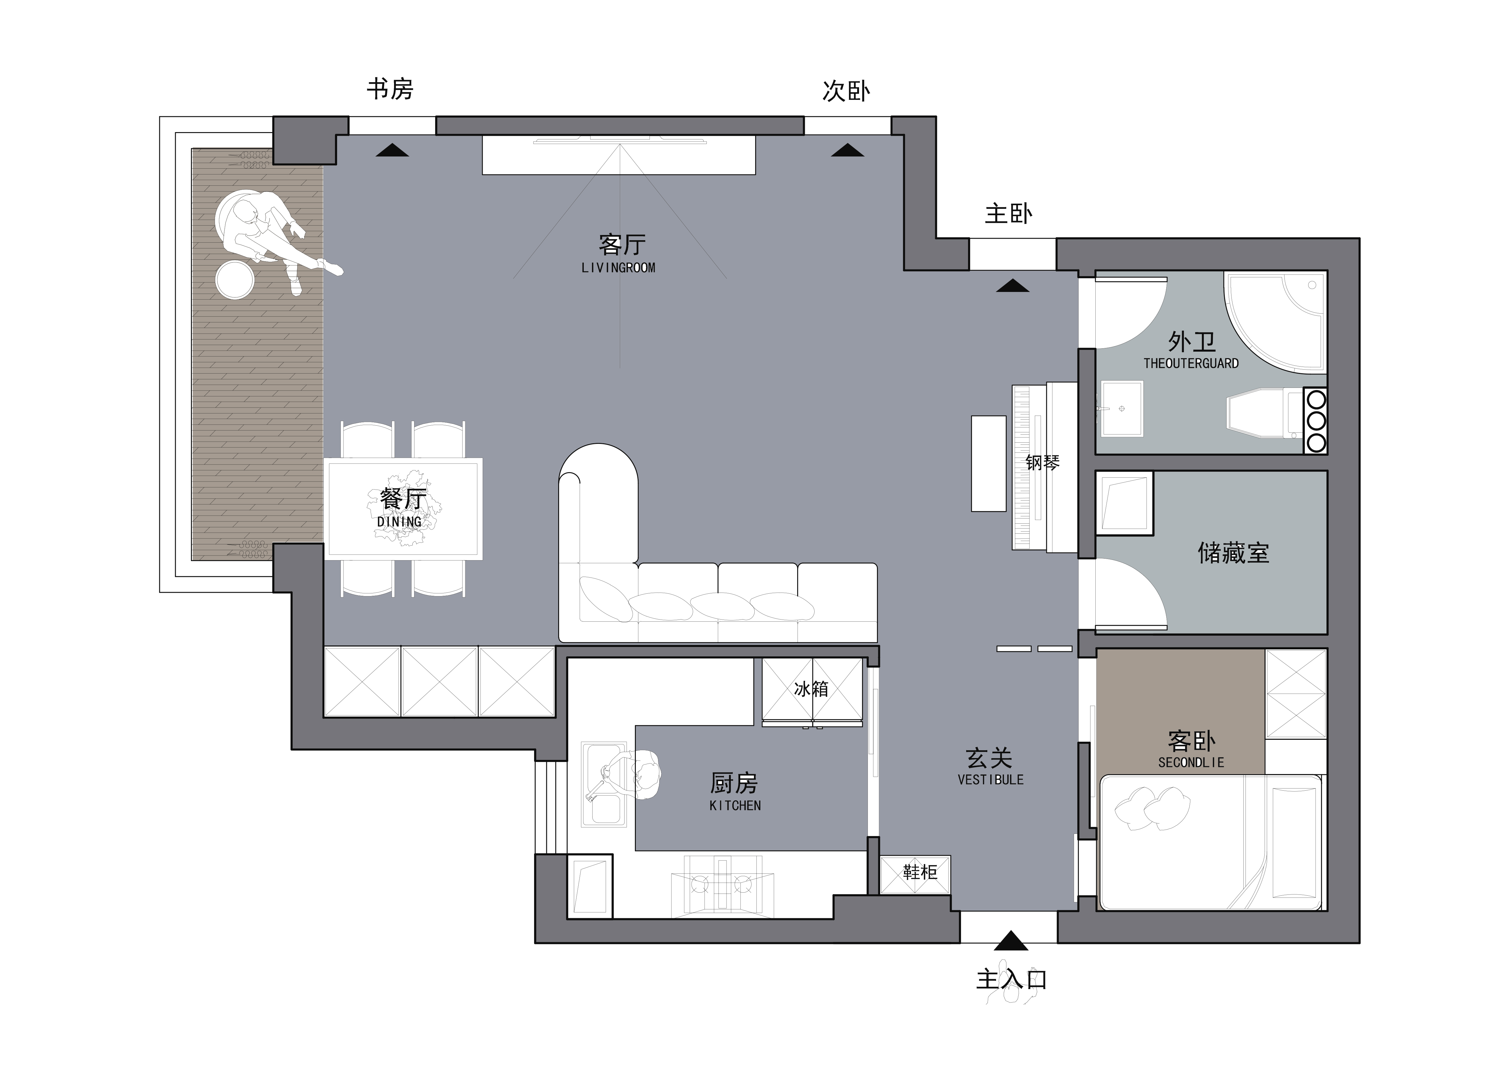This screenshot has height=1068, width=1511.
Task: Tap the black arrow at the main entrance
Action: pyautogui.click(x=1011, y=941)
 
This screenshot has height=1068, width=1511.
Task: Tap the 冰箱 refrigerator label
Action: pyautogui.click(x=811, y=689)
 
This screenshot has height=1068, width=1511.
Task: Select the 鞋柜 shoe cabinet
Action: pyautogui.click(x=915, y=874)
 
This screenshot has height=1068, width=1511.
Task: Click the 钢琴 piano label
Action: pyautogui.click(x=1042, y=462)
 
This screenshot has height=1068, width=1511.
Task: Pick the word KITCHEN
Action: pyautogui.click(x=735, y=806)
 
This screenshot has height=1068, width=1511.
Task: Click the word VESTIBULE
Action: pyautogui.click(x=991, y=780)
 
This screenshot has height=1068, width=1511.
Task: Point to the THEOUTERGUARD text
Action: pyautogui.click(x=1191, y=363)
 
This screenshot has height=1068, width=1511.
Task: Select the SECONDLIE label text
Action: pyautogui.click(x=1191, y=763)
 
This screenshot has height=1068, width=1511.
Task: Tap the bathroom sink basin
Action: pyautogui.click(x=1122, y=409)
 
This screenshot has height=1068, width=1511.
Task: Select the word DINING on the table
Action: pyautogui.click(x=400, y=522)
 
